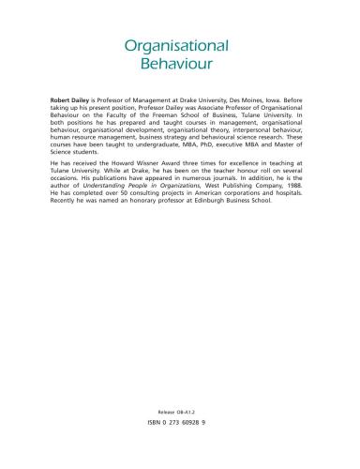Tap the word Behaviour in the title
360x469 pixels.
(x=179, y=67)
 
